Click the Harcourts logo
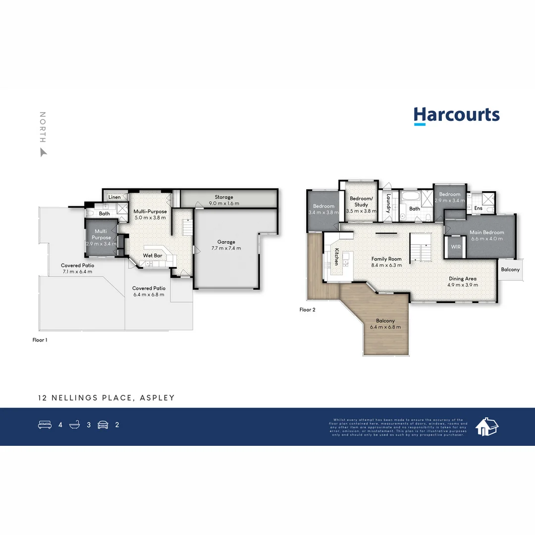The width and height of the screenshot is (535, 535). click(456, 115)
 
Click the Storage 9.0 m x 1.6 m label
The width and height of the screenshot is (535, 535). click(224, 200)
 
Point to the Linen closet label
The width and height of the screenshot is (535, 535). click(114, 197)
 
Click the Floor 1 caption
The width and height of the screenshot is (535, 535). click(40, 340)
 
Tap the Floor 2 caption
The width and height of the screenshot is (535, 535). click(307, 310)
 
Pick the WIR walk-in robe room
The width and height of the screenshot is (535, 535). click(455, 246)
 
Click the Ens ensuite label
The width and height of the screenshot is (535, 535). click(478, 209)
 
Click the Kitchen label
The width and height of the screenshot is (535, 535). click(336, 257)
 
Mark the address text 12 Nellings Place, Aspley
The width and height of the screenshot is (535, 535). click(107, 398)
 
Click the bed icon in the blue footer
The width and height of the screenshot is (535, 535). click(45, 425)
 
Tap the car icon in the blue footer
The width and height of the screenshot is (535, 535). click(103, 425)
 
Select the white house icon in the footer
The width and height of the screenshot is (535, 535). click(486, 426)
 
